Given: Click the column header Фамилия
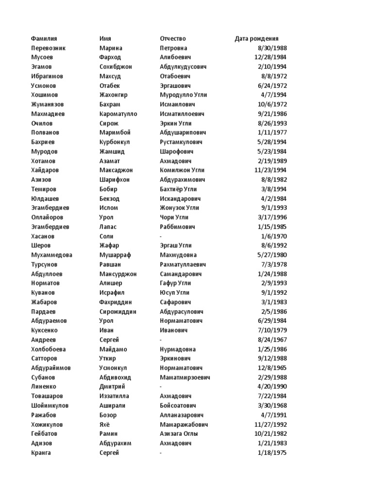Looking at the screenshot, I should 44,39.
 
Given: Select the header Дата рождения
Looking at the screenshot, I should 256,39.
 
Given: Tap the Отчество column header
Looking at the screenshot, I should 173,39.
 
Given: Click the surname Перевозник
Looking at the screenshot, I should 48,48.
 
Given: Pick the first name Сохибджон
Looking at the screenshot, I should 116,67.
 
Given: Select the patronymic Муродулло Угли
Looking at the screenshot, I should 184,95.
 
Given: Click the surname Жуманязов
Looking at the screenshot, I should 48,104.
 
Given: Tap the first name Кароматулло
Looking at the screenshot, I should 118,114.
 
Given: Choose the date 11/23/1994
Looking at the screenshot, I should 271,170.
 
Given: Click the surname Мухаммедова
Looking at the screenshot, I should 52,255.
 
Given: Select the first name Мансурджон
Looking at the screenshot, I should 118,274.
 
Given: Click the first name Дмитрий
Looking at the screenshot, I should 112,387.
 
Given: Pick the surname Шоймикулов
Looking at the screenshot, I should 50,405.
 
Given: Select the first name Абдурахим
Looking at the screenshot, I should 115,443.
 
